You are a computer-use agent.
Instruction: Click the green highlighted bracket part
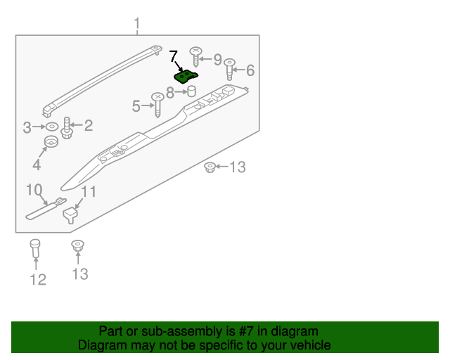point(186,75)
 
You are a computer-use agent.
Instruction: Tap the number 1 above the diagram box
point(137,25)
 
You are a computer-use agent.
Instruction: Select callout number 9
point(217,59)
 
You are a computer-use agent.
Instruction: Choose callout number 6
point(250,70)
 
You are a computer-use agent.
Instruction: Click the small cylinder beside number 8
point(191,92)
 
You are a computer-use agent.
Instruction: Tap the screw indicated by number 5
point(158,104)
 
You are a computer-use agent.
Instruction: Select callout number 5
point(136,106)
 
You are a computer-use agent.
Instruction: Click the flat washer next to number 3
point(52,127)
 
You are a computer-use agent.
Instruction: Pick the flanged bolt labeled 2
point(67,129)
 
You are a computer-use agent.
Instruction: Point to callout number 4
point(36,165)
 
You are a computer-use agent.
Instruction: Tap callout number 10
point(35,190)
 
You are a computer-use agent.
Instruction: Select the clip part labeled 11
point(70,213)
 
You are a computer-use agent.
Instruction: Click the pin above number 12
point(36,249)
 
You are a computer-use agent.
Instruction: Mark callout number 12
point(38,280)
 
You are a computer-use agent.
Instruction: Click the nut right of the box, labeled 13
point(209,167)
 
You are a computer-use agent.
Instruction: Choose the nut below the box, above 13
point(77,246)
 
